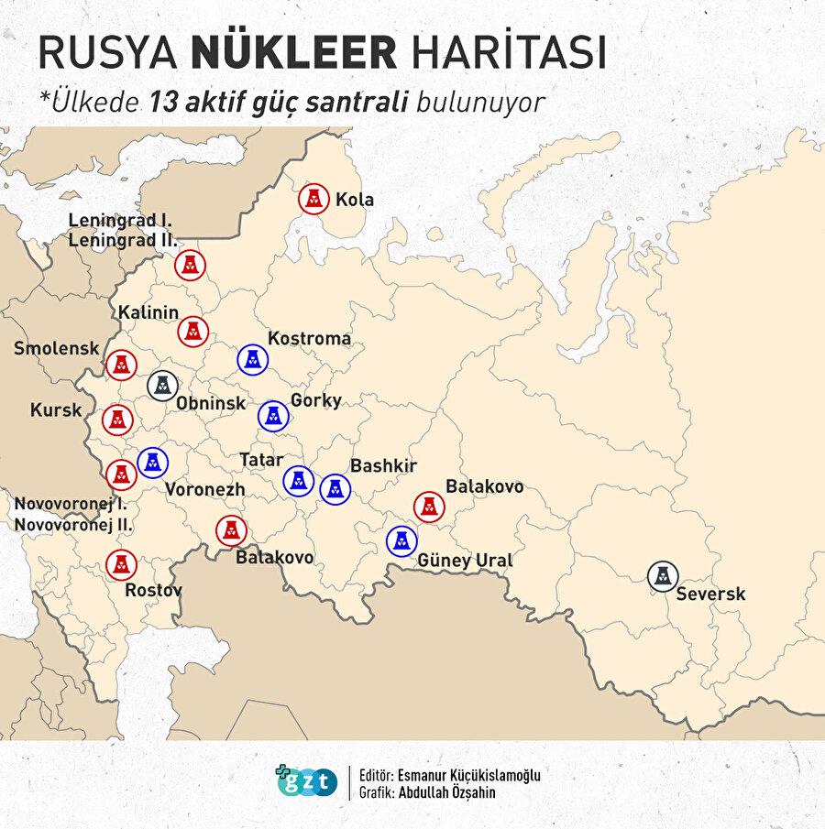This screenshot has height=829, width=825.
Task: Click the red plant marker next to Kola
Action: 314,198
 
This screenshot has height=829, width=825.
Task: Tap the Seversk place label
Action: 710,594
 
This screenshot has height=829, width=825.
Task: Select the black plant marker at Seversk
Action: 663,576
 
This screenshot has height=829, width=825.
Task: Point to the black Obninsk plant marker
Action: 161,386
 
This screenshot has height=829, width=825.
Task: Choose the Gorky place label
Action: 315,400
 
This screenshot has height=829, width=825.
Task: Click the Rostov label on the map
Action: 153,590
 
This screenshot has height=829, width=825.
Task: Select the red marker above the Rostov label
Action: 121,564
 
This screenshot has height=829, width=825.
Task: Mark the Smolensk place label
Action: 56,348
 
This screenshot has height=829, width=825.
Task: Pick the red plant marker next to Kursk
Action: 117,420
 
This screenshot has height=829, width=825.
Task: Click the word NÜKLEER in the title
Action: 294,53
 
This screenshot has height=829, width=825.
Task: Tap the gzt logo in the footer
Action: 307,781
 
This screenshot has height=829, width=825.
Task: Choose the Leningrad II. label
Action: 123,241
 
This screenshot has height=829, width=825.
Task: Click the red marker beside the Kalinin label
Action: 192,331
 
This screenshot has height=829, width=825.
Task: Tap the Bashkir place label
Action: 383,465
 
